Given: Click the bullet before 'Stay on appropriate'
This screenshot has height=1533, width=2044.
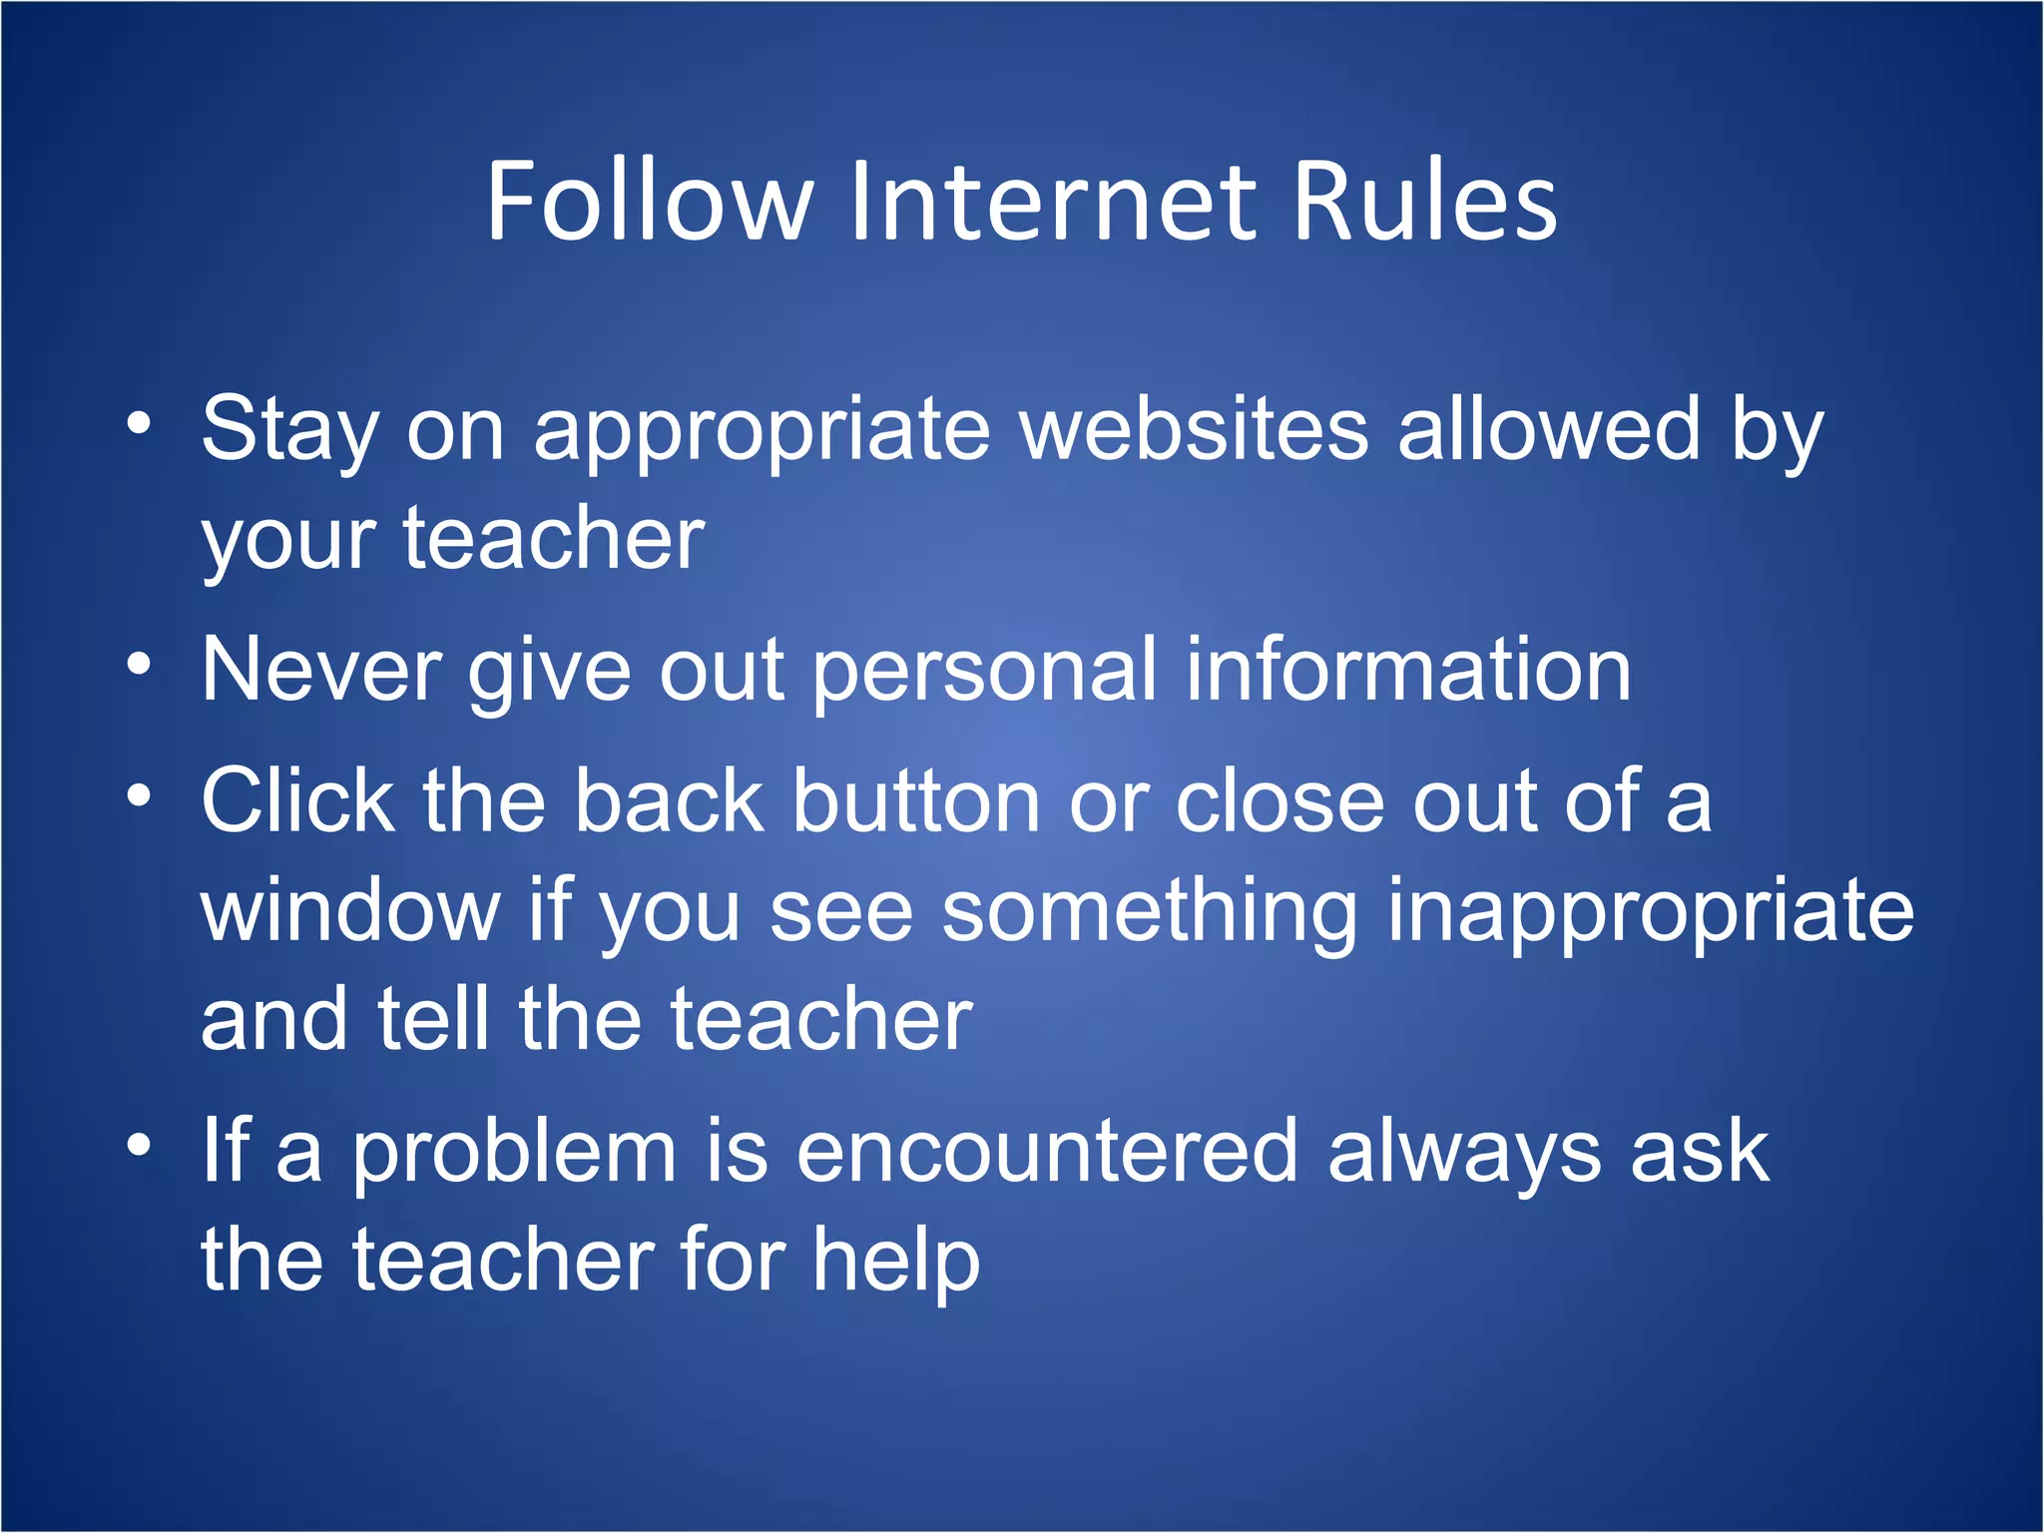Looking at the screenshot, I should pyautogui.click(x=140, y=423).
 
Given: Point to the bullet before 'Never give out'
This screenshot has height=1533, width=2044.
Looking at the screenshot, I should pyautogui.click(x=140, y=664).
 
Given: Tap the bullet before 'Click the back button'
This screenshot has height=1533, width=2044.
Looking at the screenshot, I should pyautogui.click(x=140, y=795).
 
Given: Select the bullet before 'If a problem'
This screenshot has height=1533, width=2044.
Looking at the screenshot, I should pyautogui.click(x=140, y=1146).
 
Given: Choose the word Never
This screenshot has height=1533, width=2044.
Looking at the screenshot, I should pyautogui.click(x=321, y=670).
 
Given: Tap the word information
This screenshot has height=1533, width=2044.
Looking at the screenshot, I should pyautogui.click(x=1408, y=670).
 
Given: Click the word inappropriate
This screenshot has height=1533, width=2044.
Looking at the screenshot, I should pyautogui.click(x=1651, y=913).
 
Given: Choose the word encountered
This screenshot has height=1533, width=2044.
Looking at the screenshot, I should pyautogui.click(x=1048, y=1152).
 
